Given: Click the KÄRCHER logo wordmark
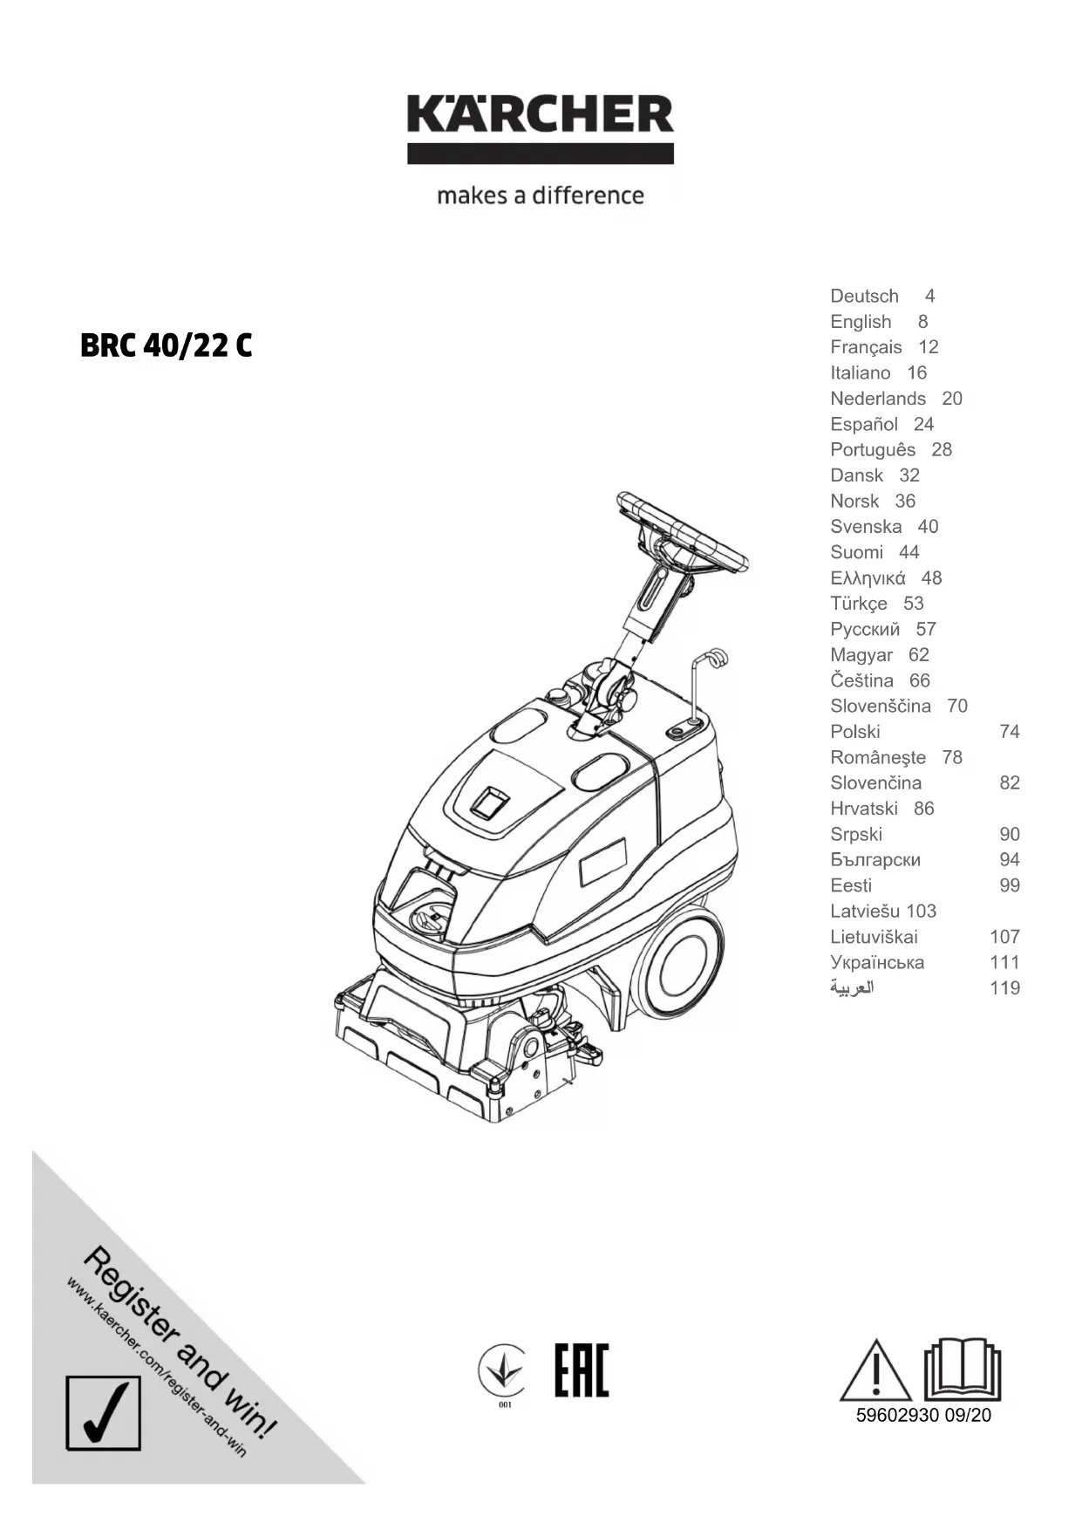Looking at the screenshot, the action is tap(540, 115).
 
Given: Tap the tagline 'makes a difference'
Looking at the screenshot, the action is tap(540, 195).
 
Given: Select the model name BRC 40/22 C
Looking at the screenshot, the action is tap(166, 346).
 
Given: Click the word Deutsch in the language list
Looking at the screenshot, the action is tap(863, 297).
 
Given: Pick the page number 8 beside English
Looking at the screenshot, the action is tap(922, 322).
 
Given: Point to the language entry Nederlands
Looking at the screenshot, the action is tap(877, 399).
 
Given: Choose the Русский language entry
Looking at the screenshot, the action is tap(864, 630).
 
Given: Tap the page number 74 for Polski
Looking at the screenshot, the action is tap(1009, 732).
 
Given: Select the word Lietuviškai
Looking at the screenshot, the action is tap(873, 937).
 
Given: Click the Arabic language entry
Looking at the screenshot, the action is tap(851, 988).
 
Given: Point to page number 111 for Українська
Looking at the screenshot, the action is tap(1004, 962).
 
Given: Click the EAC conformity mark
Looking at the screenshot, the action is tap(582, 1370).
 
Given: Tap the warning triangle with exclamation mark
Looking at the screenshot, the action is tap(874, 1372).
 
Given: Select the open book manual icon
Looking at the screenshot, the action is tap(962, 1369).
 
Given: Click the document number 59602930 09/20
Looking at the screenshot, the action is tap(923, 1416).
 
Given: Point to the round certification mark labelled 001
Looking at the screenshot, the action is tap(502, 1372).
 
